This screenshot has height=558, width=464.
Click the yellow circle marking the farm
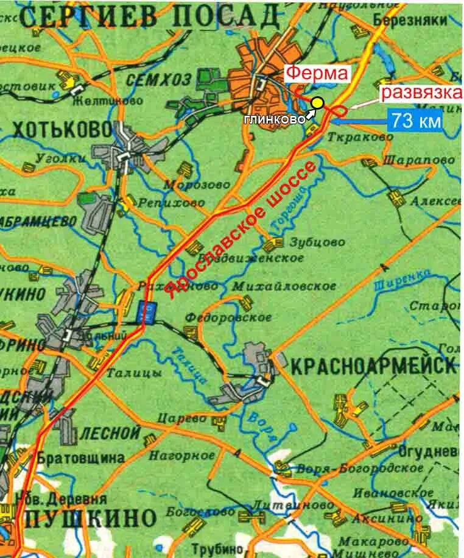tap(317, 102)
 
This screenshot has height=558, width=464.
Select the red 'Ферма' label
tap(317, 74)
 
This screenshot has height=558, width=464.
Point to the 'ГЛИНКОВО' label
tap(274, 120)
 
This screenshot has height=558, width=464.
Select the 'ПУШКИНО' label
tap(91, 519)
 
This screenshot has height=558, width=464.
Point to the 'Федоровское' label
tap(228, 317)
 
